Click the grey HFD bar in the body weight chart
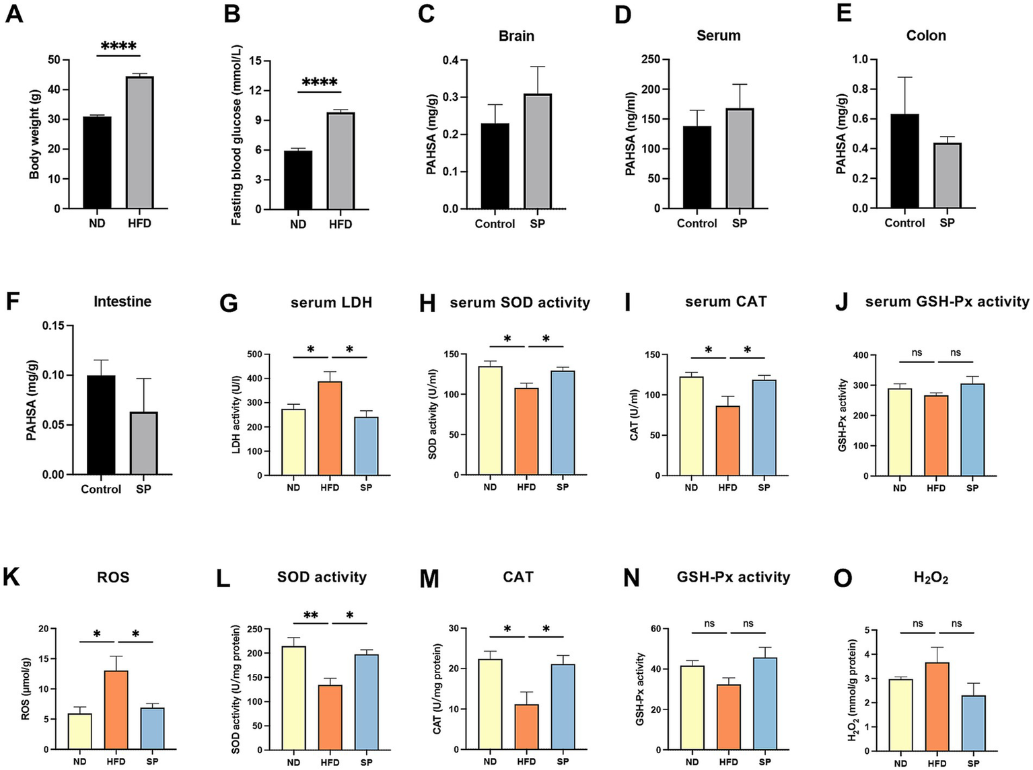(139, 143)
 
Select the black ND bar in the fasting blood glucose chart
(297, 180)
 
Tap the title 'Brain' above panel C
(516, 36)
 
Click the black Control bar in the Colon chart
(904, 161)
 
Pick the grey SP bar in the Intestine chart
(143, 443)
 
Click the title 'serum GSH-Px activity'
(947, 302)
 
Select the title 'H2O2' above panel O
(931, 578)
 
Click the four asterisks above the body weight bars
(118, 46)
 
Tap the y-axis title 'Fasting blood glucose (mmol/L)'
(237, 135)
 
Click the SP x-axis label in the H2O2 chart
(972, 763)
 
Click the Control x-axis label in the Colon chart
(904, 223)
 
